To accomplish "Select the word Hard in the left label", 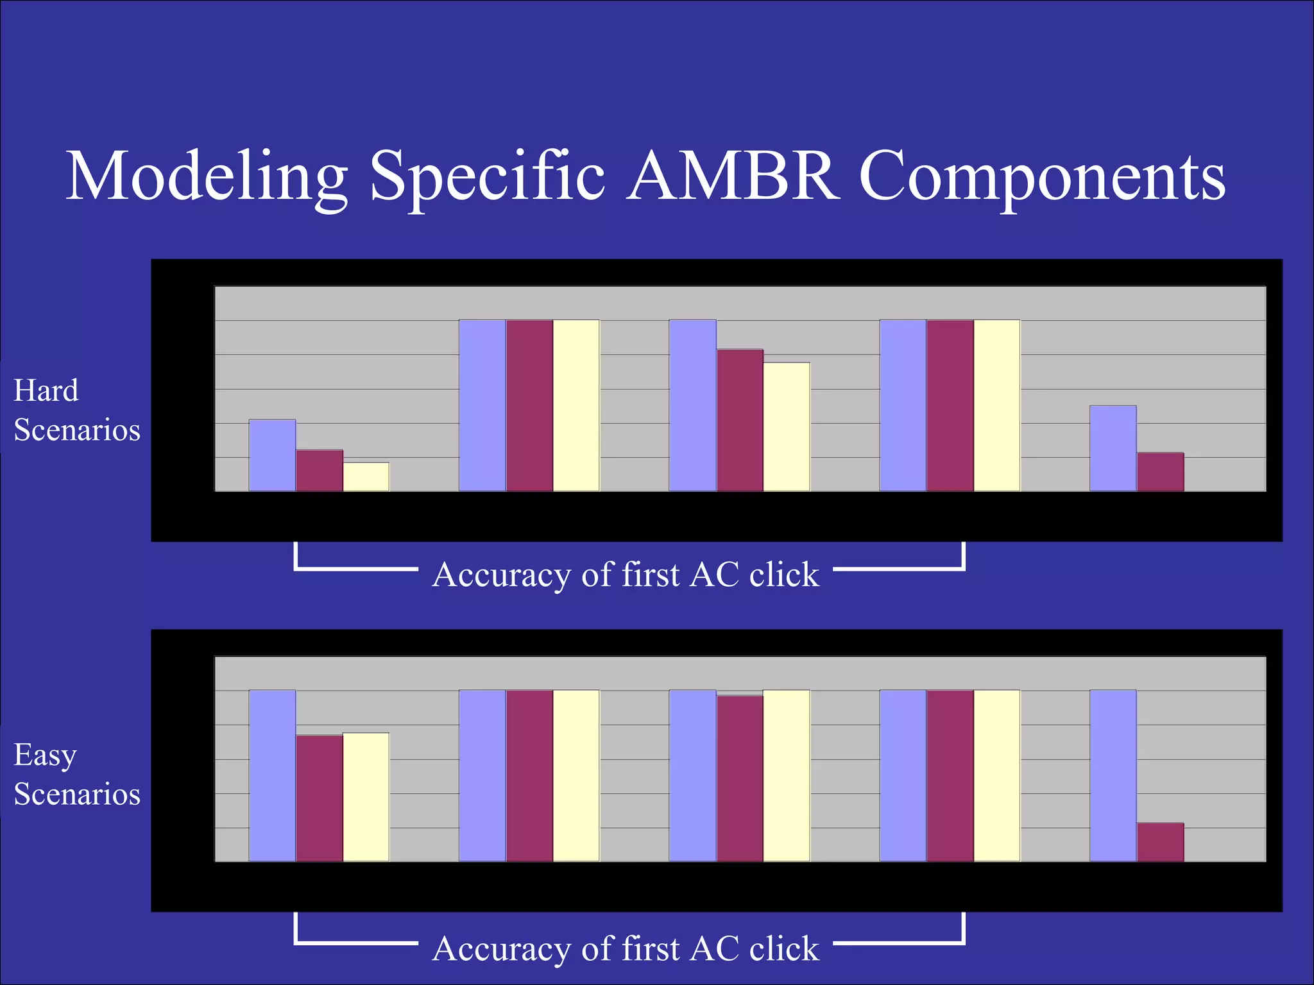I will point(46,391).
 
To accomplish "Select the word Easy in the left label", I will point(45,755).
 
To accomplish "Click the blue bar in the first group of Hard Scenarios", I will point(272,455).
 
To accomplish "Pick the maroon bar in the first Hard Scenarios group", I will point(320,471).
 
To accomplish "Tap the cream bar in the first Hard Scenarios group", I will point(366,476).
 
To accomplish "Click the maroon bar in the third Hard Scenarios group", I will point(740,420).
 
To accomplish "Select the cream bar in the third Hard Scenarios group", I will point(787,426).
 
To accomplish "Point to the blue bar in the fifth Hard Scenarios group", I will point(1113,448).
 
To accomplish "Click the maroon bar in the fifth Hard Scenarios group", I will point(1160,472).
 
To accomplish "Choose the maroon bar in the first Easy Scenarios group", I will point(320,798).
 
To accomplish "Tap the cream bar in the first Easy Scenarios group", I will point(366,797).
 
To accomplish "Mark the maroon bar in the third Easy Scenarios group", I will point(740,779).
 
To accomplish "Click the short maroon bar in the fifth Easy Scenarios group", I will point(1160,842).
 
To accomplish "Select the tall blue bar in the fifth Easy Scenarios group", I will point(1113,776).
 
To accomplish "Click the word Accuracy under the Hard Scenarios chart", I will point(501,575).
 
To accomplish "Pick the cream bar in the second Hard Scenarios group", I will point(576,405).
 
